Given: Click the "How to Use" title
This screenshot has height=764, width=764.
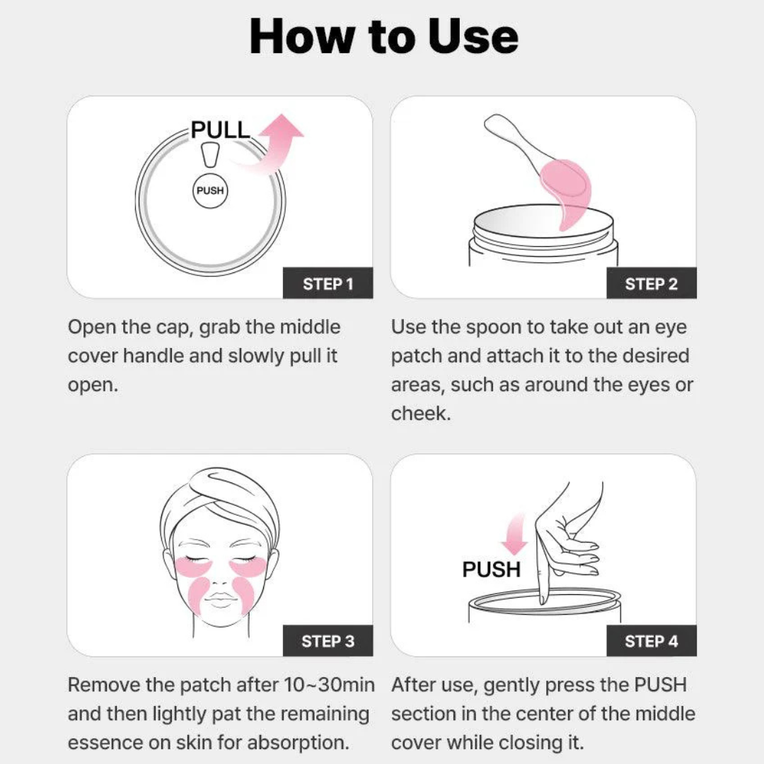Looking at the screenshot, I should [383, 37].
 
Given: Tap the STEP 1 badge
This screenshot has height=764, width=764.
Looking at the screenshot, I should [328, 284].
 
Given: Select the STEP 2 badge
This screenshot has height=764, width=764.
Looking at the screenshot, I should [651, 284].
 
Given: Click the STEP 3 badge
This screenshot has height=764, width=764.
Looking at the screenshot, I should [328, 642].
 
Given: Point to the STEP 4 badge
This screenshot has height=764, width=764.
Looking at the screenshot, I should [651, 642].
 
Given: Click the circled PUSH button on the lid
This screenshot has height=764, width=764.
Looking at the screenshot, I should [209, 191].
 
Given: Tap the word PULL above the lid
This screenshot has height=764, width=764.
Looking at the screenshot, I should [220, 130].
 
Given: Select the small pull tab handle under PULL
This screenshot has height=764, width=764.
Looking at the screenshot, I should [209, 154].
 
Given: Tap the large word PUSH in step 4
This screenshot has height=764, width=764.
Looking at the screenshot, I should [491, 569].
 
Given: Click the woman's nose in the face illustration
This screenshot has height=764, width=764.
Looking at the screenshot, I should [221, 578].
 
